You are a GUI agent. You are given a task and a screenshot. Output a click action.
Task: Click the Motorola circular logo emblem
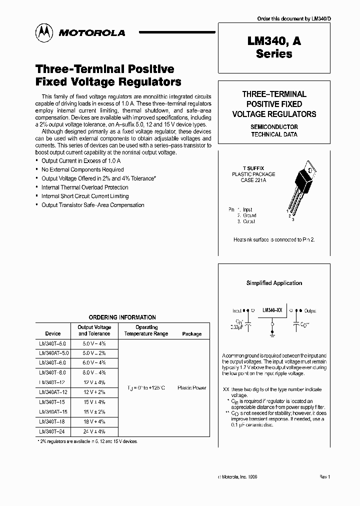[x=43, y=32]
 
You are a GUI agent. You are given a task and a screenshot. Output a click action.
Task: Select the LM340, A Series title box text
[x=274, y=48]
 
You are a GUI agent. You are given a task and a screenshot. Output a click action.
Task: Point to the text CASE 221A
[x=254, y=181]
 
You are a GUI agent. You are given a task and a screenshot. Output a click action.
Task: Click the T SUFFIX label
[x=253, y=168]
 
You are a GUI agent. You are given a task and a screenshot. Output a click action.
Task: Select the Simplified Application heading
[x=274, y=283]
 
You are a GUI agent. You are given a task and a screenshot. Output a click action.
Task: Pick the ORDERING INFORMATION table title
[x=122, y=317]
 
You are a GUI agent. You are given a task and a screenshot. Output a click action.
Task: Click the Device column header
[x=53, y=333]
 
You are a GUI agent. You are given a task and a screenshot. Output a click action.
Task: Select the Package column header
[x=192, y=333]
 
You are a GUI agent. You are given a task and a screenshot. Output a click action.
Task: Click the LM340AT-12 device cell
[x=53, y=392]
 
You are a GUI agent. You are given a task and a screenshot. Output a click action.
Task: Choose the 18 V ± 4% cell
[x=94, y=421]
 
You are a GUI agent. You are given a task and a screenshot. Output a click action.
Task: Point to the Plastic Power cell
[x=192, y=387]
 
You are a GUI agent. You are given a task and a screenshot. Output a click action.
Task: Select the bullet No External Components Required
[x=82, y=169]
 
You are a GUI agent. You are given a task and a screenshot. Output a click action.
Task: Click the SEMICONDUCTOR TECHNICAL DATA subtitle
[x=274, y=130]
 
